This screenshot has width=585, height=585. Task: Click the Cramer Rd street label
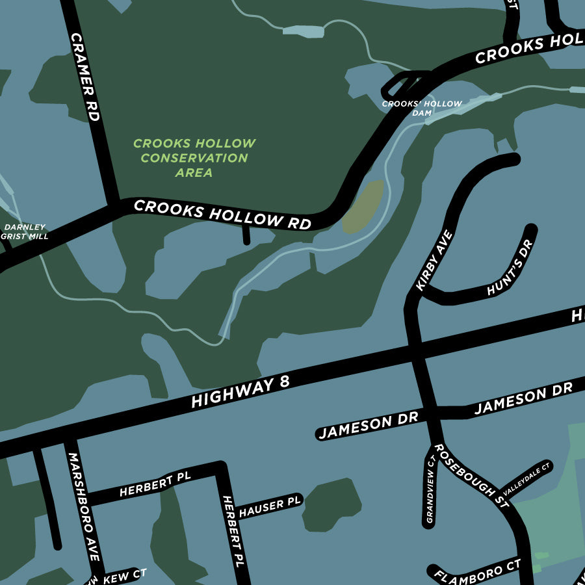(x=85, y=77)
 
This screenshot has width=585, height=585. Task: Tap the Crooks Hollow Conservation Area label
(x=194, y=158)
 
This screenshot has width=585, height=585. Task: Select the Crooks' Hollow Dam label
(x=422, y=108)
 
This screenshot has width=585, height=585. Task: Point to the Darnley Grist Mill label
(x=26, y=232)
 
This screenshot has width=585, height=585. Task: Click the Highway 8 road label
(x=240, y=392)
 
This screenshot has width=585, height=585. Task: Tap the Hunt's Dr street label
(x=510, y=268)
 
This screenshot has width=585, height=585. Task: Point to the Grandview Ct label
(x=430, y=489)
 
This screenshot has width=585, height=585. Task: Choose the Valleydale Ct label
(x=526, y=479)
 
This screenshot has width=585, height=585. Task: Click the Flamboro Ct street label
(x=478, y=571)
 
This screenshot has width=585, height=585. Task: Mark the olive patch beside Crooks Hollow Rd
(x=363, y=207)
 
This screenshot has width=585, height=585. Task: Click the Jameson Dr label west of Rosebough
(x=368, y=426)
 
